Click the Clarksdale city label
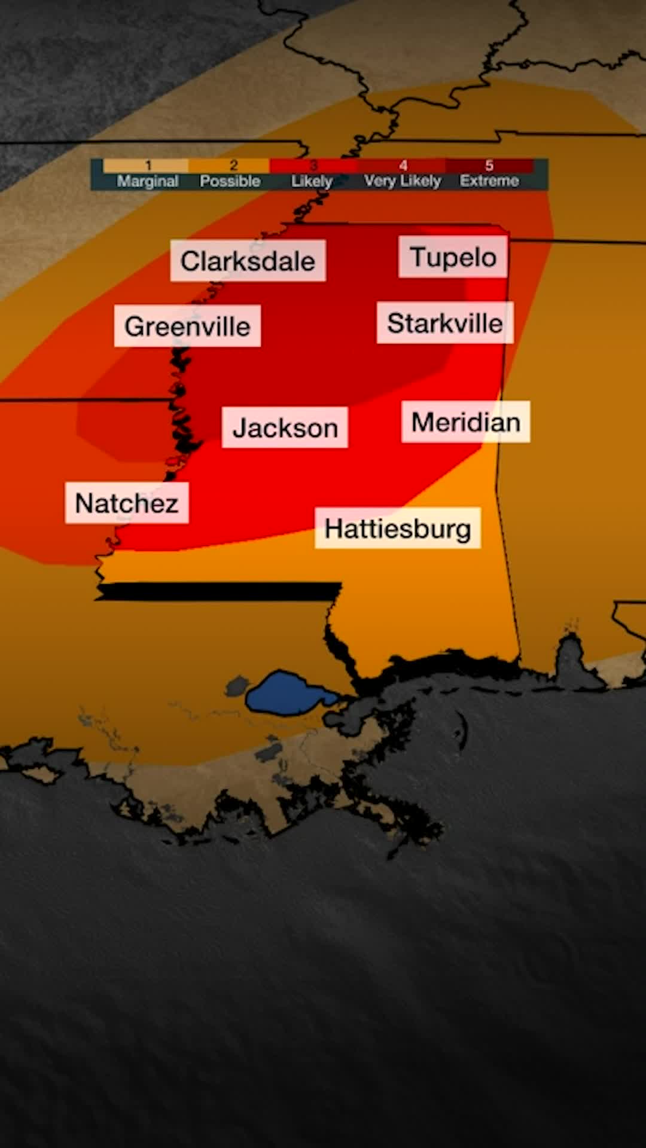click(248, 261)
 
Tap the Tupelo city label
click(453, 257)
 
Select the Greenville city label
click(187, 326)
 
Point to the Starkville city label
click(444, 323)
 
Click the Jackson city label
click(285, 428)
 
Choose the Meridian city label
click(465, 422)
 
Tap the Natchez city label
click(127, 503)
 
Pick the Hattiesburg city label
click(398, 529)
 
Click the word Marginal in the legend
click(148, 181)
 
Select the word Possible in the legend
click(230, 181)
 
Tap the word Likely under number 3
click(312, 181)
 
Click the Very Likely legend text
click(403, 181)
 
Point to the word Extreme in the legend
click(489, 181)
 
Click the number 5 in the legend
click(489, 166)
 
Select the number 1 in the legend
click(148, 166)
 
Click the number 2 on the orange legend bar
click(234, 166)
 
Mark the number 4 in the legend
click(403, 166)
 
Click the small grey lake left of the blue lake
click(237, 685)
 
